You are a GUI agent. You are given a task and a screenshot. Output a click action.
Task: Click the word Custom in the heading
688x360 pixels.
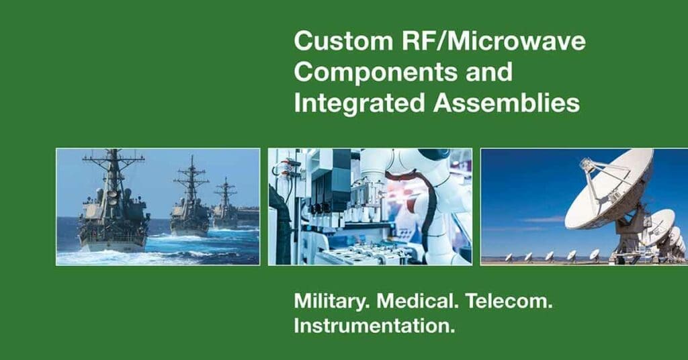tap(343, 41)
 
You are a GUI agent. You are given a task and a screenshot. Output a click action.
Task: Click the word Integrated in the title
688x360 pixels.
tap(359, 103)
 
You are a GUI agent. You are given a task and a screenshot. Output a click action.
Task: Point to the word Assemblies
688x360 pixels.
tap(507, 103)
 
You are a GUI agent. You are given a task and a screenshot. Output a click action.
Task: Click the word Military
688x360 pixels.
tap(332, 302)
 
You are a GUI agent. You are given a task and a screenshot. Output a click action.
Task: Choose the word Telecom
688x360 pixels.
tap(509, 302)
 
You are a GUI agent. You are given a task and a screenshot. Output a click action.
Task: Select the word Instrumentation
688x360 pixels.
tap(374, 326)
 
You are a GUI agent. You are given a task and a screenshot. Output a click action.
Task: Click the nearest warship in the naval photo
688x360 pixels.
tap(113, 206)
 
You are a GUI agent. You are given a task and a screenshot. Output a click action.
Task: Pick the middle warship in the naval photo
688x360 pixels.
tap(190, 201)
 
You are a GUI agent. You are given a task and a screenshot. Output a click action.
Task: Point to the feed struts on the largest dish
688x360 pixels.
tap(595, 175)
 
